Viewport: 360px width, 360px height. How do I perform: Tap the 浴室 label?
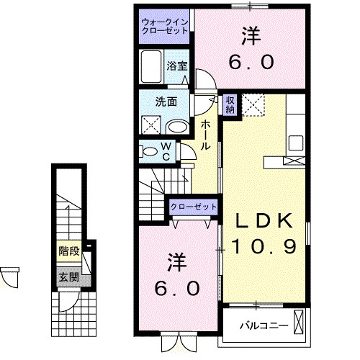(x=177, y=65)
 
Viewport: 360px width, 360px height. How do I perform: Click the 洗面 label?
(x=168, y=102)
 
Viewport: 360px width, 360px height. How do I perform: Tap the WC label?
(x=166, y=152)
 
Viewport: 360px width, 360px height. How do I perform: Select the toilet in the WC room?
(x=148, y=152)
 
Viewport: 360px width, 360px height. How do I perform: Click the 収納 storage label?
(x=230, y=105)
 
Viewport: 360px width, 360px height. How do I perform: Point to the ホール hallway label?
(x=205, y=135)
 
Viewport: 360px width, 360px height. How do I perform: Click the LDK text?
(x=261, y=221)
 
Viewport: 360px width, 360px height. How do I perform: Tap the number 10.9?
(x=264, y=247)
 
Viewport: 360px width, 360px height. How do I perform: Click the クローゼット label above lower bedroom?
(x=193, y=207)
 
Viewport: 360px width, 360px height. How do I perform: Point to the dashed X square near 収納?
(x=252, y=105)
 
